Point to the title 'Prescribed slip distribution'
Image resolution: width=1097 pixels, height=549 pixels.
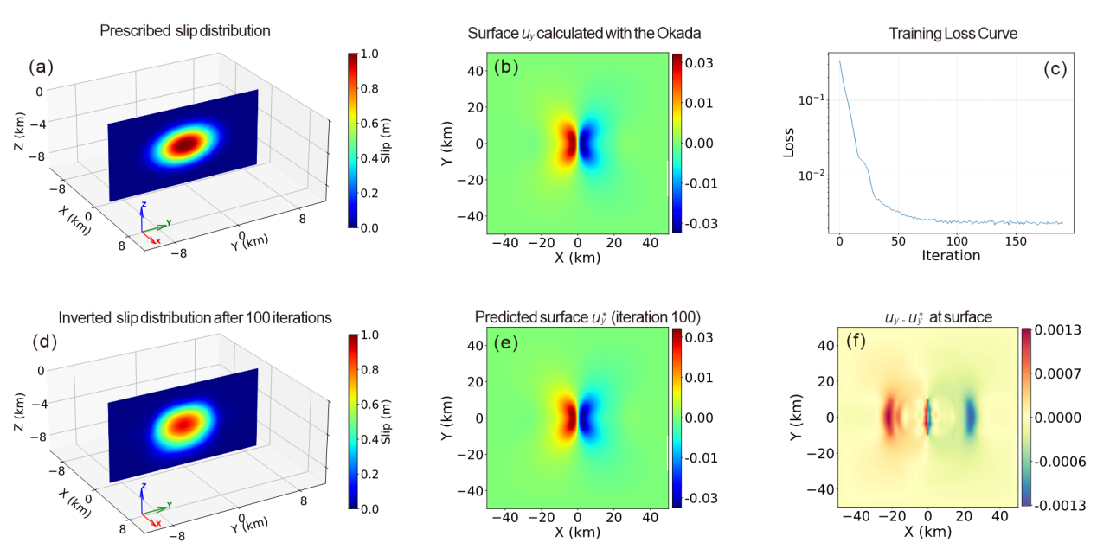coord(185,31)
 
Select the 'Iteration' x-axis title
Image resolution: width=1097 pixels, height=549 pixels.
coord(950,255)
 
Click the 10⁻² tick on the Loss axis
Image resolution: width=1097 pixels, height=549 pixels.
coord(809,176)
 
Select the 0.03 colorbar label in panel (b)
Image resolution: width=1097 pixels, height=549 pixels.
coord(696,62)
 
